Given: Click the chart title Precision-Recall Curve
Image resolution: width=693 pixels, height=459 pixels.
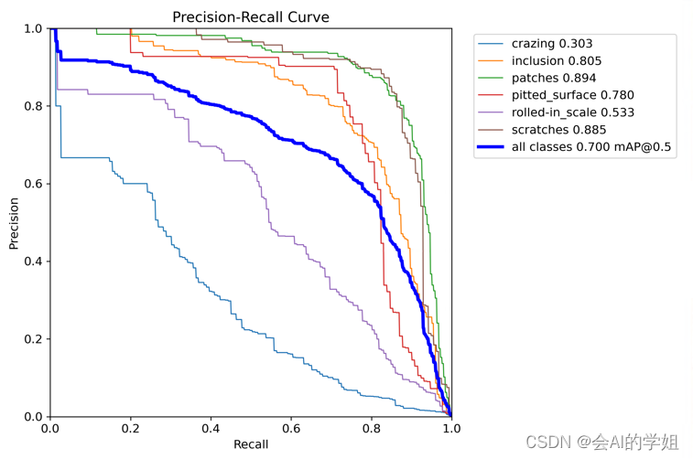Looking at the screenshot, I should point(251,16).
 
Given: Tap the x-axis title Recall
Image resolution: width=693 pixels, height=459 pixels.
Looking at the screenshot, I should point(251,444).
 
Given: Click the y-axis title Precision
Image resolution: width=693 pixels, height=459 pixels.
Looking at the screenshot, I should point(14,223).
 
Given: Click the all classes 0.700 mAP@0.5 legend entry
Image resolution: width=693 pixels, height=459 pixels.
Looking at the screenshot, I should point(592,147).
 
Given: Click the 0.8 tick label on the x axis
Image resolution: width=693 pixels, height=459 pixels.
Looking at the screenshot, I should point(371,429).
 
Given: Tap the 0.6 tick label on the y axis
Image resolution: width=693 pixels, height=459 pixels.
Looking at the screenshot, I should point(32,184).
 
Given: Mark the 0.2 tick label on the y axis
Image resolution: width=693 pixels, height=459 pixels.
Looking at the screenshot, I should point(32,339).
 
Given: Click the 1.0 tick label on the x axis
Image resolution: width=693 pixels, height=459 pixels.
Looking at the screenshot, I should point(450,429).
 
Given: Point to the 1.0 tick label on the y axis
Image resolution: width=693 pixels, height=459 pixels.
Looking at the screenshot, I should point(32,28).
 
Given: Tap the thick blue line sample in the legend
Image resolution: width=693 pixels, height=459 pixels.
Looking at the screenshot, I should point(493,147).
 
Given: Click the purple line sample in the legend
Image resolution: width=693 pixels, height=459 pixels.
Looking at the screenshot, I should point(493,112).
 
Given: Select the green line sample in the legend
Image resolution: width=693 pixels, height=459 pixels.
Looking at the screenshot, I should point(493,78).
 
